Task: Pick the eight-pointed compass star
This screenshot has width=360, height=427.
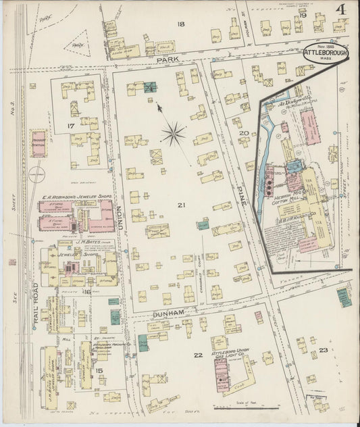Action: pos(173,133)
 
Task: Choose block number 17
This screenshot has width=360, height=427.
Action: pos(70,126)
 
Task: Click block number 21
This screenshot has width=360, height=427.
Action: pos(180,205)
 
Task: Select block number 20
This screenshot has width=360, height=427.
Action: pos(243,133)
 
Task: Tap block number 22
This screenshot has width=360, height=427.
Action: pos(197,355)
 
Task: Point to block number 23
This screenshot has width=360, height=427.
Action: pos(323,350)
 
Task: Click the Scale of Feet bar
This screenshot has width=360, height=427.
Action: pos(247,407)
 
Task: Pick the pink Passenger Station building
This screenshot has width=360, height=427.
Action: pos(38,144)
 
